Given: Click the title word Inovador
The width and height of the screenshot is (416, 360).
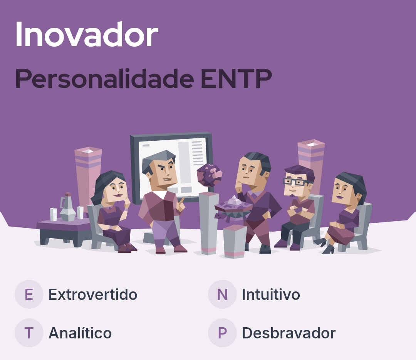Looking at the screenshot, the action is click(87, 34).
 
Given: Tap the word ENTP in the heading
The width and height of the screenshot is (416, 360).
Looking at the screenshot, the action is click(236, 79).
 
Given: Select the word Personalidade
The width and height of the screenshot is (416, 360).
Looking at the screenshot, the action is click(104, 79).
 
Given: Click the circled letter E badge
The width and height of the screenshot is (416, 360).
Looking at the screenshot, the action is click(29, 294).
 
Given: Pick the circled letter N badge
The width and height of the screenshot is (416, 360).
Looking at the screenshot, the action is click(222, 294).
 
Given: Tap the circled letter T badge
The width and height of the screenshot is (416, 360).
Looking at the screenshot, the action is click(29, 333).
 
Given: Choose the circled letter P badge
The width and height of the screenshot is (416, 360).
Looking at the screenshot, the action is click(222, 333).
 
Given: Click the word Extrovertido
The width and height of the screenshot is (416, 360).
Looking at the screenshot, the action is click(92, 294).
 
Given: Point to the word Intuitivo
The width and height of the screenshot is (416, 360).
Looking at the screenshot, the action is click(271, 294).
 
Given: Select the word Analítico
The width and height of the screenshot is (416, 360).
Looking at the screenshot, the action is click(80, 333).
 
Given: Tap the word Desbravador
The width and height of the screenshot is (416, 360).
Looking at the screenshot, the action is click(289, 333).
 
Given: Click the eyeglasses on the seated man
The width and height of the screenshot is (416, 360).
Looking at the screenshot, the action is click(295, 182).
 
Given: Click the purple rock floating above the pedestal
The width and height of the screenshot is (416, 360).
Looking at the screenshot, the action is click(209, 175).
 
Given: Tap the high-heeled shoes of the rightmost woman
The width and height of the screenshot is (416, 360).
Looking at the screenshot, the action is click(324, 246).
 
